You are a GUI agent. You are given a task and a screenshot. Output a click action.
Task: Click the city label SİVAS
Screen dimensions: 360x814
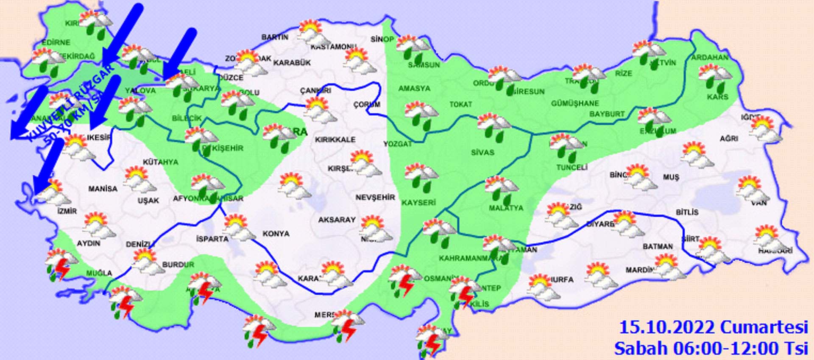click(x=482, y=152)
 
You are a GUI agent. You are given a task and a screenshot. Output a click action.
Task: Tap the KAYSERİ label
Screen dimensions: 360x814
click(x=419, y=203)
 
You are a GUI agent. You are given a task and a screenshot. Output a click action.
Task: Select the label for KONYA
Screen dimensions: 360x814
click(x=276, y=234)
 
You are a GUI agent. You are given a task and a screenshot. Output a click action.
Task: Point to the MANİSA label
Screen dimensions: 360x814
click(x=103, y=189)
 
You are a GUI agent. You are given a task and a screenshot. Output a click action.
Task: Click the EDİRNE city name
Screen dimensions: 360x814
click(x=56, y=42)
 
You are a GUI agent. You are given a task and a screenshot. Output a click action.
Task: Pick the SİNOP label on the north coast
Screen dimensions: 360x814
click(x=382, y=39)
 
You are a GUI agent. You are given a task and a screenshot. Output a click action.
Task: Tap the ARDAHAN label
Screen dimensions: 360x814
click(x=710, y=57)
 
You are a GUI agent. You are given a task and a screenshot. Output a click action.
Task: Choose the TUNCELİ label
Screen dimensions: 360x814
click(x=571, y=167)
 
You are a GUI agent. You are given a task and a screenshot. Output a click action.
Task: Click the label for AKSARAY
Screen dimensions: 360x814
click(x=337, y=220)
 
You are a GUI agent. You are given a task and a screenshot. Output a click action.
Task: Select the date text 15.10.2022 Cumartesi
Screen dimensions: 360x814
click(x=714, y=328)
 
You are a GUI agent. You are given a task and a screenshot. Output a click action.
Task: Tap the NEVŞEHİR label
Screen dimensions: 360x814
click(x=375, y=198)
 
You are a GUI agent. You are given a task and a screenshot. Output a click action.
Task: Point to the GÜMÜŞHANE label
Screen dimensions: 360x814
click(x=575, y=103)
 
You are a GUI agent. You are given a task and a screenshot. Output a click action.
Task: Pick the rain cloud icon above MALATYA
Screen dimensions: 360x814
click(x=502, y=189)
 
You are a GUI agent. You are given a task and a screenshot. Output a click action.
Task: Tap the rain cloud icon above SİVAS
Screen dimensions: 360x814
click(x=494, y=127)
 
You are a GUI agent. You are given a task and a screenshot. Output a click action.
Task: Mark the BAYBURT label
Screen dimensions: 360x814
click(x=607, y=114)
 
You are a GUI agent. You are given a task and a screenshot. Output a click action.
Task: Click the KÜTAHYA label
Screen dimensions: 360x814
click(x=160, y=162)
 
